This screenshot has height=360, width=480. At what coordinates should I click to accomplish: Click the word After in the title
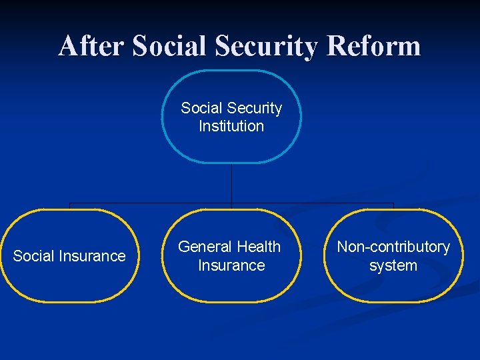[91, 46]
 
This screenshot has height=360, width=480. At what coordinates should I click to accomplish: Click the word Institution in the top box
[231, 126]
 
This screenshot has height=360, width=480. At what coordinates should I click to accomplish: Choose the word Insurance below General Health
[231, 265]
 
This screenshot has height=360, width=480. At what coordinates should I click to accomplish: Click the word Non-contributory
[393, 247]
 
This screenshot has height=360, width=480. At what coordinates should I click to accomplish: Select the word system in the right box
[393, 265]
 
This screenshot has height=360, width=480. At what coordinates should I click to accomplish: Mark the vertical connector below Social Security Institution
[231, 183]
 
